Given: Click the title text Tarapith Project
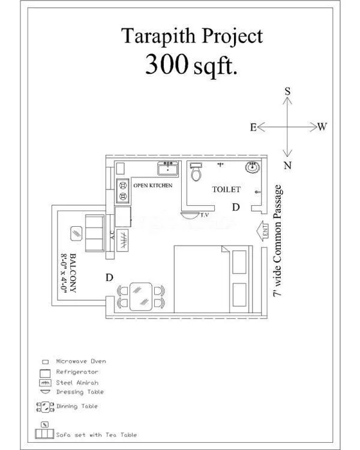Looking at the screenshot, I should [193, 36].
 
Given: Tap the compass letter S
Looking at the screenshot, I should [287, 91].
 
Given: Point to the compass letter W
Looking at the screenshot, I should [322, 127].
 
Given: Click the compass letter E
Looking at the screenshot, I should [253, 127].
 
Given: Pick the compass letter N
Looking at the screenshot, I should [287, 166].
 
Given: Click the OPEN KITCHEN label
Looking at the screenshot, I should [152, 185].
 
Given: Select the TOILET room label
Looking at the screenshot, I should [226, 190].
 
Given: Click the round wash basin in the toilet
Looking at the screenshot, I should [253, 167].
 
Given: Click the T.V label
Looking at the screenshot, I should [204, 214].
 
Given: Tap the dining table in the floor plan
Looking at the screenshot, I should [142, 295].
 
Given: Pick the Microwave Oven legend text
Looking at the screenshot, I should [81, 361].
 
